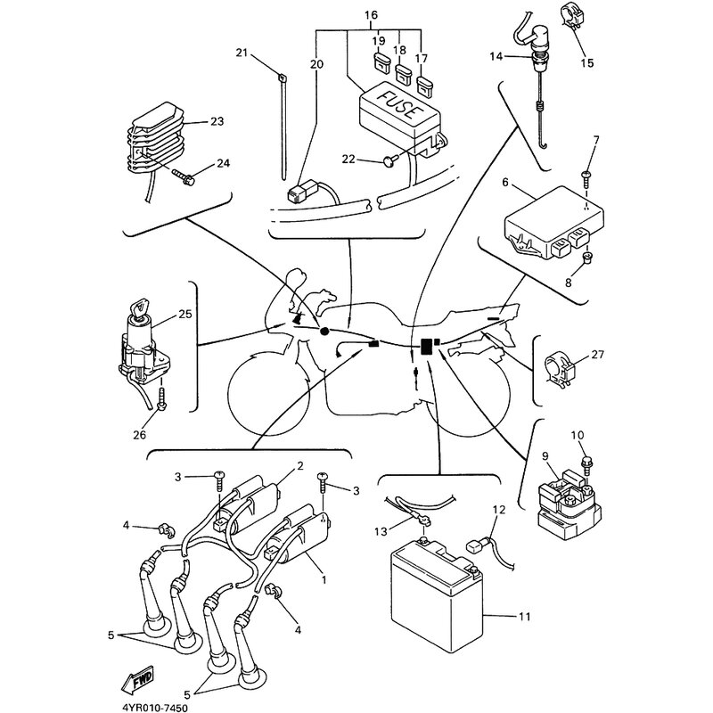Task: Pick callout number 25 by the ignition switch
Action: pyautogui.click(x=185, y=314)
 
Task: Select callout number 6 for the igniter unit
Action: pyautogui.click(x=505, y=183)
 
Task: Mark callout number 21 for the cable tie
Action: pyautogui.click(x=241, y=53)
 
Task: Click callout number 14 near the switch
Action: pyautogui.click(x=496, y=56)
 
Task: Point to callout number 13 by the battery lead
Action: pyautogui.click(x=381, y=531)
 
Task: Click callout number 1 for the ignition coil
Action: pyautogui.click(x=324, y=579)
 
